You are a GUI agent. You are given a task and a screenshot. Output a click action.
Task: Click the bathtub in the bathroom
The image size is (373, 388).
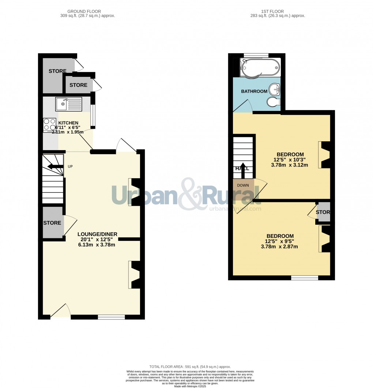pos(260,67)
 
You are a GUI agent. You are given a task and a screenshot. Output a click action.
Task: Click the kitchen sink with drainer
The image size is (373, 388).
pos(68,104)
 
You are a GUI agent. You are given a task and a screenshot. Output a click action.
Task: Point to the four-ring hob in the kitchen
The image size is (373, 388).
pos(49,125)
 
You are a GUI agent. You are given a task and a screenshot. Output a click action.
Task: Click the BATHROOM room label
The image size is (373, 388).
pos(254,91)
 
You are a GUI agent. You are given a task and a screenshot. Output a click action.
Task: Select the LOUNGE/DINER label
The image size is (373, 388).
pos(97,234)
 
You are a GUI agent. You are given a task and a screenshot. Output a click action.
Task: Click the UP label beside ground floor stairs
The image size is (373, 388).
pos(70,167)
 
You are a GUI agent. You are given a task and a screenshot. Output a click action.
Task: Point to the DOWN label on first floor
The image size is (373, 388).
pos(243,185)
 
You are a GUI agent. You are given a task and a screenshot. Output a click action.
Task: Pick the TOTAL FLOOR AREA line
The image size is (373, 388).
pos(190,366)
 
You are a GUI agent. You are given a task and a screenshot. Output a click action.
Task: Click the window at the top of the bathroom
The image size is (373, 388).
pos(256,56)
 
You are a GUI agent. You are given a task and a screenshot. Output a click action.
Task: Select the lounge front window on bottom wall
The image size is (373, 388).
pos(111,317)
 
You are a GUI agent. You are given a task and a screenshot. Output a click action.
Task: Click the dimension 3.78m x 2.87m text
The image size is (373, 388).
pos(279,246)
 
